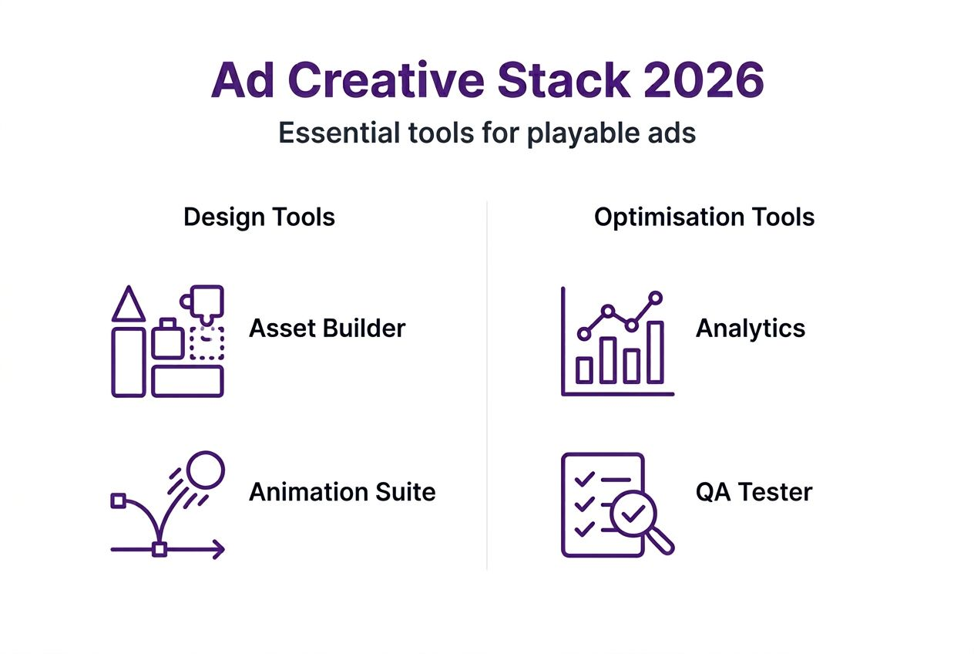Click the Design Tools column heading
[259, 217]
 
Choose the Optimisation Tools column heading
[704, 217]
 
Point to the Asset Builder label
[327, 329]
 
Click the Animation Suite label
[342, 492]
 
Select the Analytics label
[750, 329]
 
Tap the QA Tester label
[754, 492]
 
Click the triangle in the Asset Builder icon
[129, 305]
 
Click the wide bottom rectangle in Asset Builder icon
[187, 381]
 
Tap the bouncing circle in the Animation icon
[205, 469]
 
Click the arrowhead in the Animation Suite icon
[219, 549]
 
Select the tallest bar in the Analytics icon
[655, 352]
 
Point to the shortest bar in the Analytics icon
[585, 370]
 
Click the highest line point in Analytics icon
[656, 297]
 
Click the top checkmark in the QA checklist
[585, 479]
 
